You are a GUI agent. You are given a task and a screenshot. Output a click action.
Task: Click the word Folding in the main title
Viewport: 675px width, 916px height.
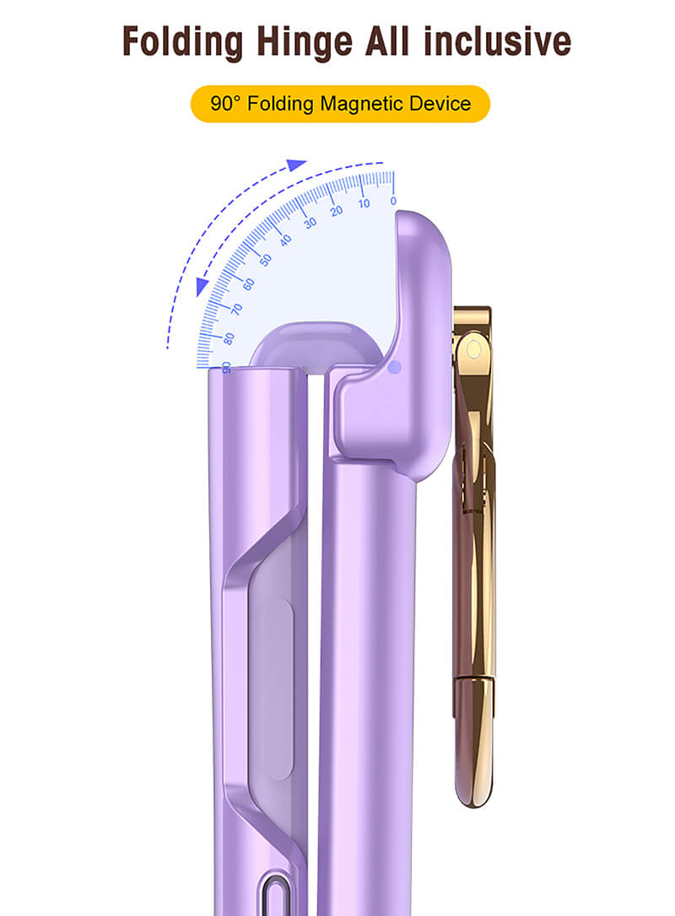(182, 41)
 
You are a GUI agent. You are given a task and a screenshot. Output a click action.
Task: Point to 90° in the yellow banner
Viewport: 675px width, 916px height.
(225, 104)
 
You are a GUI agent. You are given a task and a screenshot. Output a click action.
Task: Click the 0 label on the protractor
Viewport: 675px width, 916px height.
(393, 201)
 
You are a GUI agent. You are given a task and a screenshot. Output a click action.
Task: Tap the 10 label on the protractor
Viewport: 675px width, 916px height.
(364, 203)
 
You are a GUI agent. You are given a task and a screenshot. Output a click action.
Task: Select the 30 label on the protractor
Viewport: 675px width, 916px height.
(310, 223)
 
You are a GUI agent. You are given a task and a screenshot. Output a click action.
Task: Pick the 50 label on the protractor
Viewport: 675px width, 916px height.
(265, 260)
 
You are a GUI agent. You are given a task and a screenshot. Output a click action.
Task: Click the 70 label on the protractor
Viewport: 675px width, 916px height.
(236, 309)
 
